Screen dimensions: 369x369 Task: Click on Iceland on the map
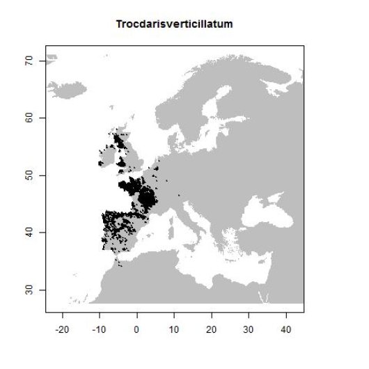click(68, 90)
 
